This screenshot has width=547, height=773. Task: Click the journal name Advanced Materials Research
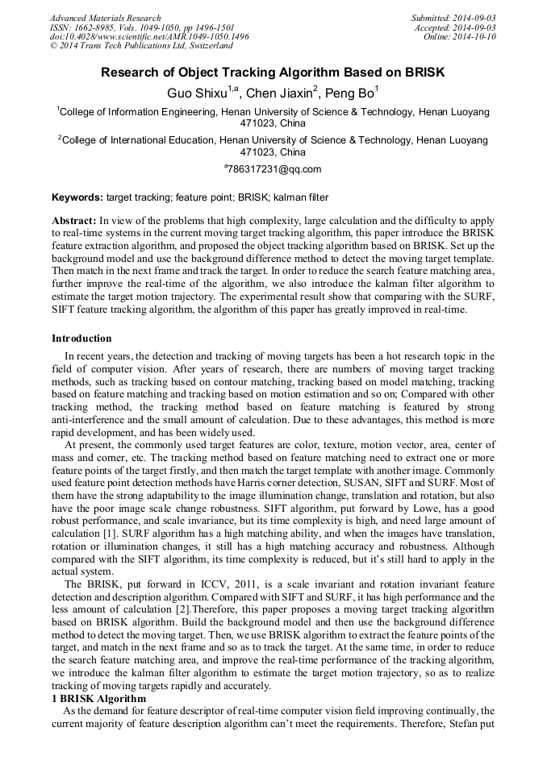pyautogui.click(x=106, y=18)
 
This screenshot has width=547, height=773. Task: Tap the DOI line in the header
pyautogui.click(x=149, y=37)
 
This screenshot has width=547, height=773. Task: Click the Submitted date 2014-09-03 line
pyautogui.click(x=453, y=18)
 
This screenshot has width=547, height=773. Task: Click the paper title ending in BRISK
pyautogui.click(x=273, y=73)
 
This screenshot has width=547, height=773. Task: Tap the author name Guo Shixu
pyautogui.click(x=197, y=94)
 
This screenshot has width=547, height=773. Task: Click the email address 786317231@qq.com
pyautogui.click(x=274, y=169)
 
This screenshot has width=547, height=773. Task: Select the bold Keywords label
pyautogui.click(x=77, y=197)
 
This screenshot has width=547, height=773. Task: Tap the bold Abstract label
pyautogui.click(x=74, y=220)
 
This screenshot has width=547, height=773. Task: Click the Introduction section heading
pyautogui.click(x=81, y=339)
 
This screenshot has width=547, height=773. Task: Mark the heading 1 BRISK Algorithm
pyautogui.click(x=98, y=698)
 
